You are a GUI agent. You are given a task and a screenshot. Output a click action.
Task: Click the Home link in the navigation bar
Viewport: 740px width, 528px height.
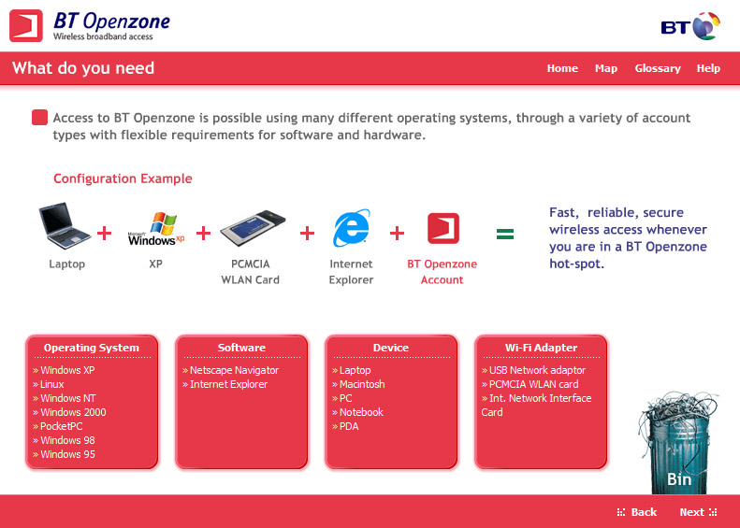[x=562, y=68]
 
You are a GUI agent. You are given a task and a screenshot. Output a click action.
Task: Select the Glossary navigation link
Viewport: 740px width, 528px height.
[x=658, y=69]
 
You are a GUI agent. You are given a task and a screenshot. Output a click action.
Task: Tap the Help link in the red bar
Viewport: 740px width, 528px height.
[x=708, y=68]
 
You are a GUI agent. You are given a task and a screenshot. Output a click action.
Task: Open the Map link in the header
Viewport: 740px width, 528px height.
[x=606, y=69]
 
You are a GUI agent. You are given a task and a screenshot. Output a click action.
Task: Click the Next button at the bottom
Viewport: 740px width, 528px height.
[x=698, y=512]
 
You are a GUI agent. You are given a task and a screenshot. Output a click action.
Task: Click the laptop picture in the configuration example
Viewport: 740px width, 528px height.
[x=65, y=226]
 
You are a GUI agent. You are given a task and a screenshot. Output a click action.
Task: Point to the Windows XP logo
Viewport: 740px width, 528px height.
[x=156, y=229]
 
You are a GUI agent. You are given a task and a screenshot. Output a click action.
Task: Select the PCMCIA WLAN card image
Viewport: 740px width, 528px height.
[x=253, y=228]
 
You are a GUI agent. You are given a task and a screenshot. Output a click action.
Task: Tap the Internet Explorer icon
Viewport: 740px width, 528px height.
[x=352, y=228]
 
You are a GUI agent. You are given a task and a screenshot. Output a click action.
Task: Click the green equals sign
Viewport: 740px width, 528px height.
[x=505, y=234]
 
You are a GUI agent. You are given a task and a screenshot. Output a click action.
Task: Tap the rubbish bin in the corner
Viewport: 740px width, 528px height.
[x=677, y=443]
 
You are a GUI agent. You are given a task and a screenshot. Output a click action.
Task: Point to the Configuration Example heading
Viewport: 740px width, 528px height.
[x=123, y=178]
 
